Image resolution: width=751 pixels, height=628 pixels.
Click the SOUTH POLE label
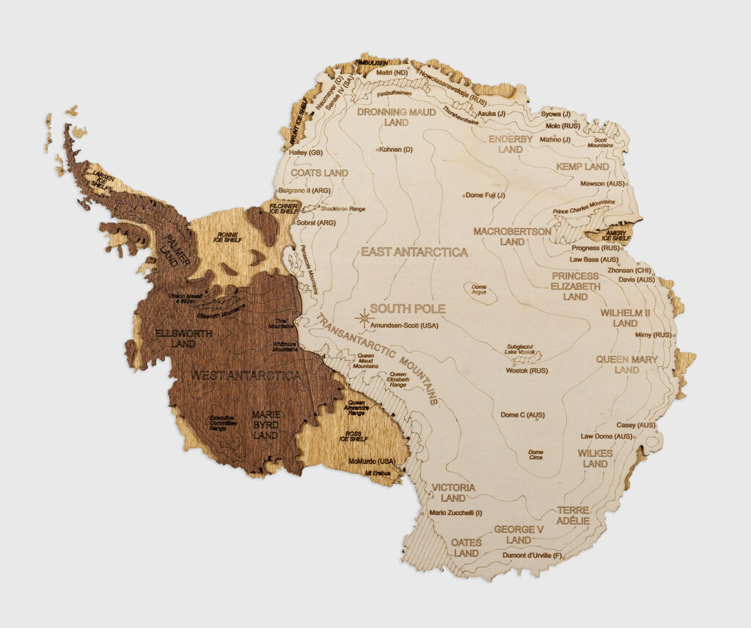[407, 309]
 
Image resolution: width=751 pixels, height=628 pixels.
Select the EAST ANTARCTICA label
[414, 252]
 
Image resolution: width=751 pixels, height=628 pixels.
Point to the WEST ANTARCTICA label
[246, 376]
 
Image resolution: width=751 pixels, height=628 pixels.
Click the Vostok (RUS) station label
[527, 370]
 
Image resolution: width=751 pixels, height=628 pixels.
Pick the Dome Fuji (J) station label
[487, 195]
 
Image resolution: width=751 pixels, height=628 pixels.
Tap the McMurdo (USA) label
[372, 461]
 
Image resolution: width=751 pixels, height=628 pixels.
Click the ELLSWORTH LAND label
[185, 338]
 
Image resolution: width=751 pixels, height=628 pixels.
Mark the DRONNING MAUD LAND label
[396, 117]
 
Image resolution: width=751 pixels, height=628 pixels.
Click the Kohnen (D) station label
[396, 150]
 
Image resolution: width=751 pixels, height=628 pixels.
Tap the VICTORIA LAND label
[453, 492]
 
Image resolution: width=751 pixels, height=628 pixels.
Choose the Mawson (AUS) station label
[602, 183]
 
